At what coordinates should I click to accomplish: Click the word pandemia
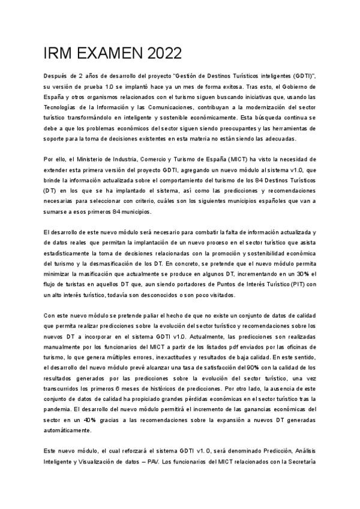pyautogui.click(x=59, y=410)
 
